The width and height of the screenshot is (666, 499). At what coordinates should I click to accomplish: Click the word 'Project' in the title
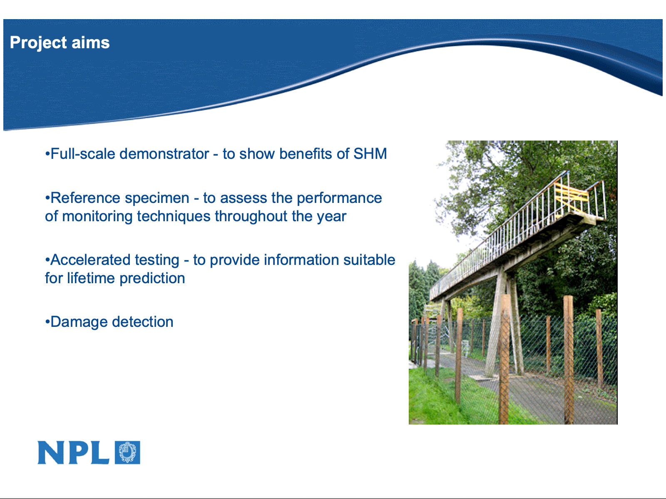pyautogui.click(x=38, y=43)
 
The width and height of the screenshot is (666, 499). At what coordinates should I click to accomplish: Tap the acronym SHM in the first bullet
pyautogui.click(x=370, y=154)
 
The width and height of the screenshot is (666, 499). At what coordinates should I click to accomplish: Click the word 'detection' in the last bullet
pyautogui.click(x=142, y=322)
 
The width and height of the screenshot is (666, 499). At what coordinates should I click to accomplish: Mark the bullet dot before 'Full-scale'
pyautogui.click(x=47, y=154)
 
